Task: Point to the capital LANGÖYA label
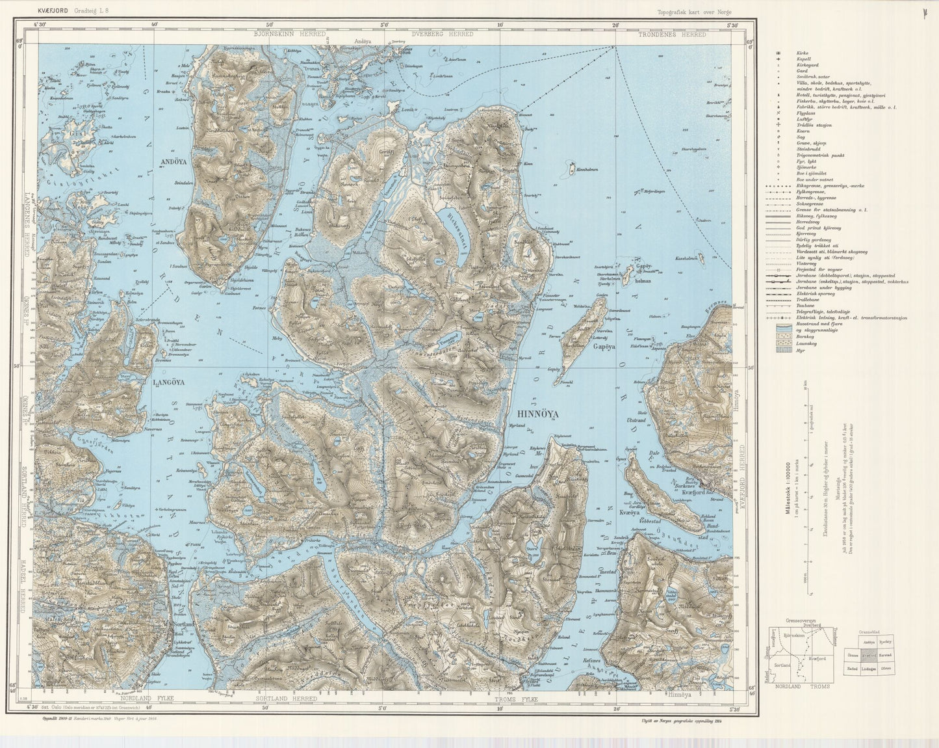(169, 383)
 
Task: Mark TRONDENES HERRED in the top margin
(680, 34)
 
